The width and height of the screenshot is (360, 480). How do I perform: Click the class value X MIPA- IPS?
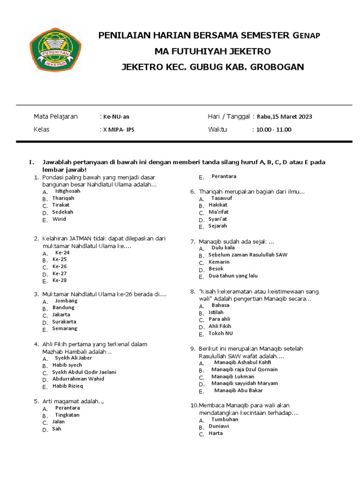tap(119, 129)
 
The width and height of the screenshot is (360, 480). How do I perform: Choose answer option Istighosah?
tap(67, 191)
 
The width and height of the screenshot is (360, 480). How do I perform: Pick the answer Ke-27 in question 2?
tap(60, 273)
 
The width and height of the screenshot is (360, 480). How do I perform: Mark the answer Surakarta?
tap(64, 322)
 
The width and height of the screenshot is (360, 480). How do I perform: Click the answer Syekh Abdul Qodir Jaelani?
tap(84, 372)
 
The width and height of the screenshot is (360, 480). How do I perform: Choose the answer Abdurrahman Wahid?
tap(78, 379)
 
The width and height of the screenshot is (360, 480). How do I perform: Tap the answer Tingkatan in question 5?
tap(67, 415)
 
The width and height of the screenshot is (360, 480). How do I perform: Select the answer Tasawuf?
tap(221, 198)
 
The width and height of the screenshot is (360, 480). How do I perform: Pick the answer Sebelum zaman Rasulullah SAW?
tap(248, 255)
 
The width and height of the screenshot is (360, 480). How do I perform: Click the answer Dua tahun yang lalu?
tap(233, 276)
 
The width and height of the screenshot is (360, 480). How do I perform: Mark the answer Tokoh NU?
tap(220, 333)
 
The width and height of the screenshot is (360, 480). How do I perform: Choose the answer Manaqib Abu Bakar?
tap(238, 390)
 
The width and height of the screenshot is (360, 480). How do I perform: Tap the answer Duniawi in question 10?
tap(218, 426)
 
